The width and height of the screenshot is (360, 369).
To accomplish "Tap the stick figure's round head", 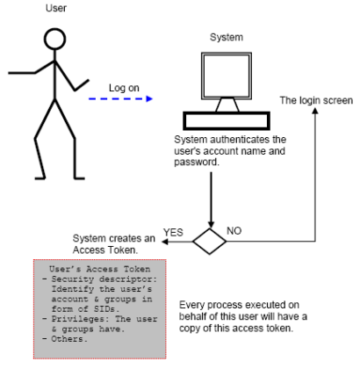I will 54,39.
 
